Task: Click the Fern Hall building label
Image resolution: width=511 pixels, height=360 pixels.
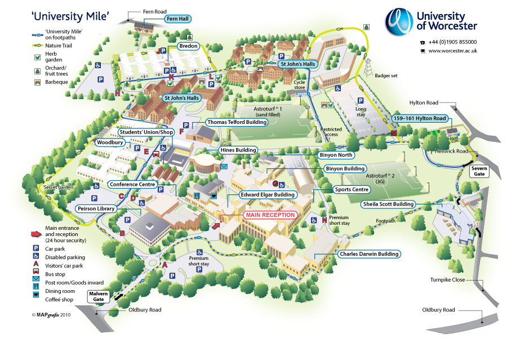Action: (x=177, y=19)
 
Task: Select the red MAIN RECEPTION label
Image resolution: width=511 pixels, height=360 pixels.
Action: (x=270, y=215)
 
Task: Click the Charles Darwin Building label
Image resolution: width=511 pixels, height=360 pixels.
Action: (x=368, y=254)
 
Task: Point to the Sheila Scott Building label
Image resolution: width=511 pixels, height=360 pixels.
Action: (x=388, y=204)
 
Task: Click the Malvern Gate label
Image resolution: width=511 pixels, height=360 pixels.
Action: (x=99, y=296)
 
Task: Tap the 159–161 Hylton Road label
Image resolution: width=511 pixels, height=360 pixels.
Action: (x=420, y=118)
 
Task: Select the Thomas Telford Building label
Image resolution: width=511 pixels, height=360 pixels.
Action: (x=236, y=122)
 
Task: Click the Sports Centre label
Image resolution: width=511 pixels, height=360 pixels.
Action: (x=352, y=190)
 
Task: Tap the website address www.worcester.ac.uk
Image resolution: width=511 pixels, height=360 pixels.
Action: (x=452, y=51)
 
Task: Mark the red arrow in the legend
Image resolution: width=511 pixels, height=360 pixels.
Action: (x=36, y=233)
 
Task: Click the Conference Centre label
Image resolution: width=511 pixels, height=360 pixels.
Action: (x=132, y=184)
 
